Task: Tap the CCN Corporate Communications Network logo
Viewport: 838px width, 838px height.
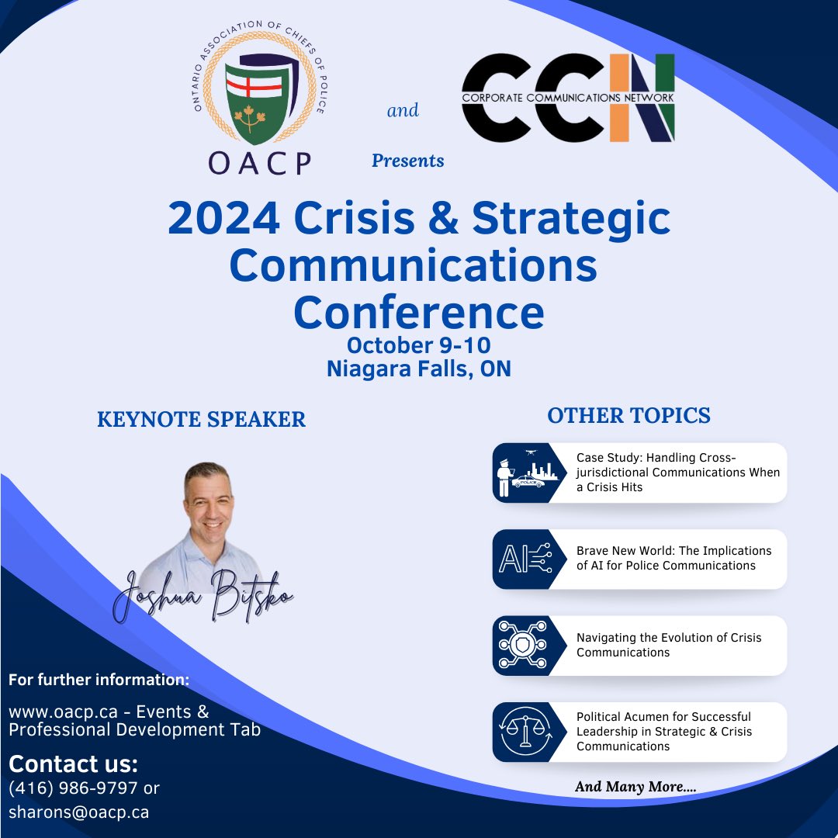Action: [568, 98]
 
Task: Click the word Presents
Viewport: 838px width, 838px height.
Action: [407, 161]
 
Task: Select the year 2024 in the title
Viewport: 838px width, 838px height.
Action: [223, 219]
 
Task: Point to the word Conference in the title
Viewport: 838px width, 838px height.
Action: [418, 312]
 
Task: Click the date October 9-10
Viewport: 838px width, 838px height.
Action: [418, 345]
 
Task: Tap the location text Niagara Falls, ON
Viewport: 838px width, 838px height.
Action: [418, 369]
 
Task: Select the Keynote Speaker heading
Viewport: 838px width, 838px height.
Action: [201, 420]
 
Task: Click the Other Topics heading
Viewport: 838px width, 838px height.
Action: [628, 416]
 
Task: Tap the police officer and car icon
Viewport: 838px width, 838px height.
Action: [521, 473]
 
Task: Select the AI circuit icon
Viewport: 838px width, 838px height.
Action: [521, 559]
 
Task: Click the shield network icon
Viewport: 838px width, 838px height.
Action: [521, 646]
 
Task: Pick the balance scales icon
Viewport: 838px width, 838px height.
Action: [521, 732]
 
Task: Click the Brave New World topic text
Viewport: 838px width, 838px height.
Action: [674, 558]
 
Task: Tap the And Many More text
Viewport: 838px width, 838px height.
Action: [635, 787]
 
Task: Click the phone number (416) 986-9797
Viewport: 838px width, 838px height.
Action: [74, 788]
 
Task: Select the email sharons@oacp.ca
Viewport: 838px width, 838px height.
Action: [78, 812]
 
